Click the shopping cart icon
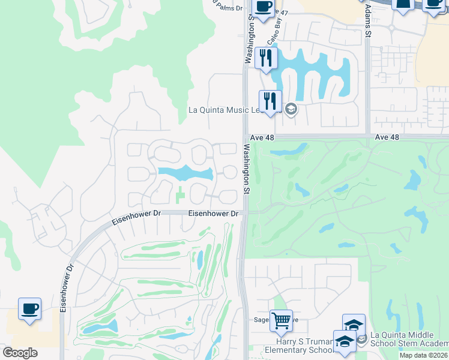281,320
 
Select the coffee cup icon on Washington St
263,8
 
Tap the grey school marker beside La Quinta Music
291,109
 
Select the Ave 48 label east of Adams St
387,137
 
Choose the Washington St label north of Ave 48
247,41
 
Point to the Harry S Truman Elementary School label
300,346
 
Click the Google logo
20,353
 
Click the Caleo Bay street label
273,33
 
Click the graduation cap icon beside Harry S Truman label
345,343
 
